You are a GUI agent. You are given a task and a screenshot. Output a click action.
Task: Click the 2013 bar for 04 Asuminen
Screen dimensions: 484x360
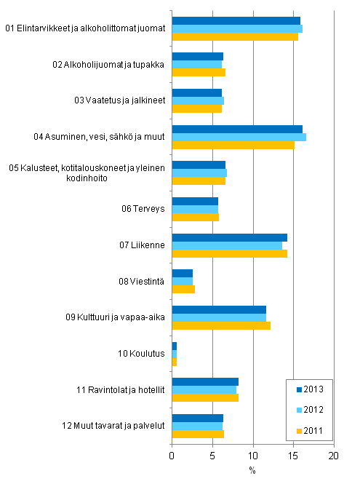(x=236, y=129)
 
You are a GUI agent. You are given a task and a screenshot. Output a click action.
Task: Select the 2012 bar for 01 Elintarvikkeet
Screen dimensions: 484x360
(x=236, y=28)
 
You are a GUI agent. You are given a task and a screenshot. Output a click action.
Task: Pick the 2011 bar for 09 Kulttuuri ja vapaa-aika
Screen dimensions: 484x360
(x=220, y=325)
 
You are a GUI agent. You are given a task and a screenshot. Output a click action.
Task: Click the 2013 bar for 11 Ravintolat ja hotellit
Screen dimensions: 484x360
(x=204, y=382)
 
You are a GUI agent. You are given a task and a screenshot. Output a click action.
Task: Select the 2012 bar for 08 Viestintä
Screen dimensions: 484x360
(x=182, y=281)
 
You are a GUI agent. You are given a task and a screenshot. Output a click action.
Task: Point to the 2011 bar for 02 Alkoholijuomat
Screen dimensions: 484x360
(x=198, y=73)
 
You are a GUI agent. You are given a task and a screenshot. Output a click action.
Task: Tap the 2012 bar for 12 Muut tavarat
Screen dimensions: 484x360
(x=197, y=426)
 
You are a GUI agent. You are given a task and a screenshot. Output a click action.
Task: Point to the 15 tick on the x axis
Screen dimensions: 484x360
(x=293, y=456)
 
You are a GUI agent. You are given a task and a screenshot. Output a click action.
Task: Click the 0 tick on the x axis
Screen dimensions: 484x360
(x=172, y=456)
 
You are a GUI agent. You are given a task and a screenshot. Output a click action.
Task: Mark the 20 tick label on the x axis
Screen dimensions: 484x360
(x=334, y=456)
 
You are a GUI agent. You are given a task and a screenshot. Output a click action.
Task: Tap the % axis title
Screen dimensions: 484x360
(x=252, y=470)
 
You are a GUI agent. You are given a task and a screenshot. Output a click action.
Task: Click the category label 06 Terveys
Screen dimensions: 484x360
(x=144, y=209)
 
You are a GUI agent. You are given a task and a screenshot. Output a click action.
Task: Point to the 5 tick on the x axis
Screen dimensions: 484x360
(x=212, y=456)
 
